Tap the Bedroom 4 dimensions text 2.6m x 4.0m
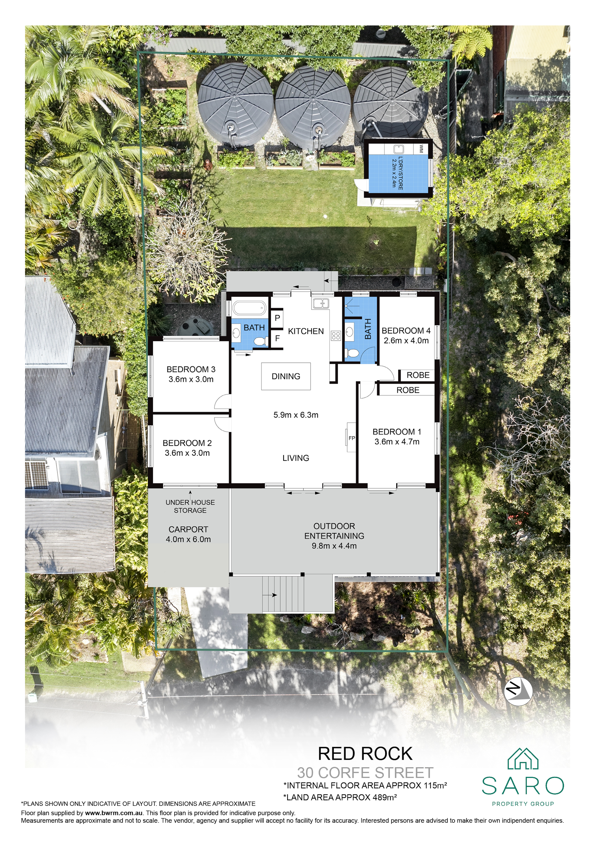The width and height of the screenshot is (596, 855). pyautogui.click(x=406, y=340)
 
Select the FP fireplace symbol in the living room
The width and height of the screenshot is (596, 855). pyautogui.click(x=351, y=438)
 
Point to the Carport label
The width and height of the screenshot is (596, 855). pyautogui.click(x=188, y=529)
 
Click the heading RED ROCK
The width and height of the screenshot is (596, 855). pyautogui.click(x=365, y=754)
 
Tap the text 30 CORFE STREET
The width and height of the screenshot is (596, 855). pyautogui.click(x=365, y=773)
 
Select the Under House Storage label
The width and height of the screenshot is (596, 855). pyautogui.click(x=190, y=506)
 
